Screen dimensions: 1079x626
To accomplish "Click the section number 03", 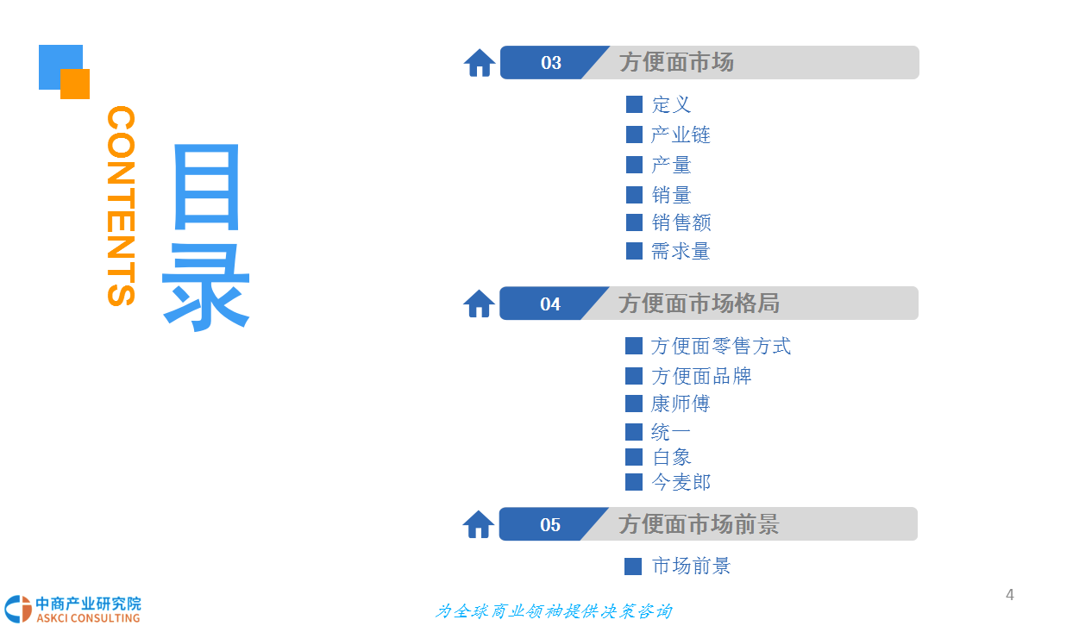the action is click(551, 63).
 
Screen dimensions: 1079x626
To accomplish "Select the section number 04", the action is click(550, 304).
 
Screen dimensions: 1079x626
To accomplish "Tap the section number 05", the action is click(550, 524).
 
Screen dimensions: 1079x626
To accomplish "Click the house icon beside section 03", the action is click(480, 63).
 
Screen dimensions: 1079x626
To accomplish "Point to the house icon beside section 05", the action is click(479, 524).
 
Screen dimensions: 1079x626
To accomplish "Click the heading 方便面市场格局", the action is click(699, 304).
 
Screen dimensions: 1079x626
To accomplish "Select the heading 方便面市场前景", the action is click(699, 524).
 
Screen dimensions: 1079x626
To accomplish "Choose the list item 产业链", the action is click(681, 135).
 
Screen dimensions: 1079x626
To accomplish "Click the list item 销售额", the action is click(681, 222).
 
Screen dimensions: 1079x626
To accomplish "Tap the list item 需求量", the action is click(681, 252).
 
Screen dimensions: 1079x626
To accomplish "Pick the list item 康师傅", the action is click(681, 404).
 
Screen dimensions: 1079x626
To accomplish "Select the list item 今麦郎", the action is click(681, 482).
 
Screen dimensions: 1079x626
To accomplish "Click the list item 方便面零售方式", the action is click(720, 346).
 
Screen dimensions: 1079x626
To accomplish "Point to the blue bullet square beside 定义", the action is click(634, 104).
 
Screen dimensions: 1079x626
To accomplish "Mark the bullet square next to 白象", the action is click(633, 457).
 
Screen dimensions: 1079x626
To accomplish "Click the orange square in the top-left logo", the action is click(75, 85).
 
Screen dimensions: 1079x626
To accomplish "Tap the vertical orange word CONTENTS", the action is click(121, 206).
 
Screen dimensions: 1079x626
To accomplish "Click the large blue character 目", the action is click(207, 187).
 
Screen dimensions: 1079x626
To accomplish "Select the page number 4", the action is click(1010, 595).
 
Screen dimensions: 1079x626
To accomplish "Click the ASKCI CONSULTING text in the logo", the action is click(88, 618).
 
